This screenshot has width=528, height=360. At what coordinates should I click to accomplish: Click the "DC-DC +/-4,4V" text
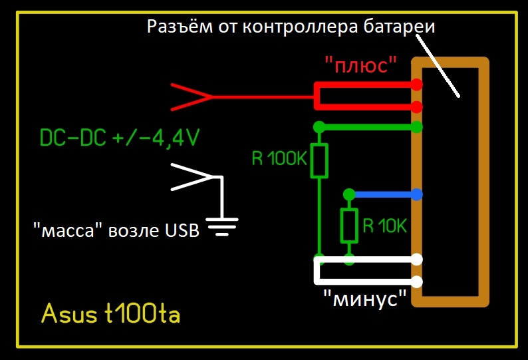click(x=120, y=138)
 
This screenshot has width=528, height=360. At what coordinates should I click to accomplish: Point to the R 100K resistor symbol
click(x=320, y=160)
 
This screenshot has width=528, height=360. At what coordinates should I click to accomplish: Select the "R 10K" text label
click(x=384, y=226)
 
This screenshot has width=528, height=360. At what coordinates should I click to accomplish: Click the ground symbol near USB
click(x=221, y=226)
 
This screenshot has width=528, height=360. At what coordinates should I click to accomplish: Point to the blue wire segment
click(x=382, y=195)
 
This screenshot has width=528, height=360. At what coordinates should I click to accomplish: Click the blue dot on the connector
click(x=417, y=195)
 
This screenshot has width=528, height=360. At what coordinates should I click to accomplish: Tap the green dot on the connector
click(x=417, y=127)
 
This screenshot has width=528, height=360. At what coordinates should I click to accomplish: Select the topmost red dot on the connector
click(x=417, y=85)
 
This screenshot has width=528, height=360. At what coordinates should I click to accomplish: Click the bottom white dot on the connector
click(x=417, y=281)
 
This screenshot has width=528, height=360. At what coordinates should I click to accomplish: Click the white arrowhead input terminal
click(x=193, y=177)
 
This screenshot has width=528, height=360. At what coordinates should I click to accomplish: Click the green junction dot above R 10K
click(x=348, y=194)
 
